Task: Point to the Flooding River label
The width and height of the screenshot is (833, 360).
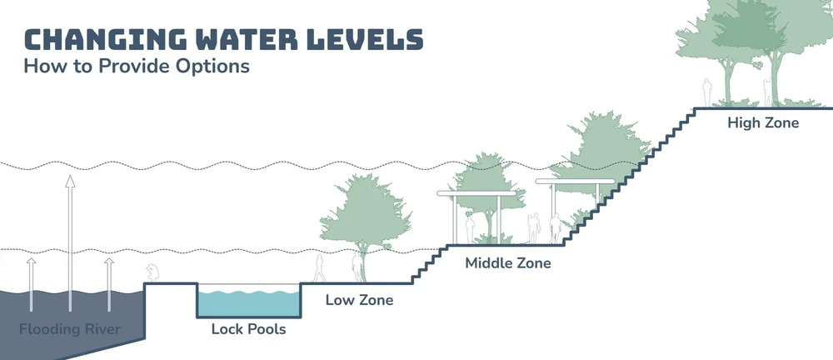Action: [70, 328]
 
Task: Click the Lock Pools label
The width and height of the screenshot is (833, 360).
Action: [248, 329]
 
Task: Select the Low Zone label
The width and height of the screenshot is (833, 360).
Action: [359, 300]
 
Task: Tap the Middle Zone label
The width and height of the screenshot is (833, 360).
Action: [508, 263]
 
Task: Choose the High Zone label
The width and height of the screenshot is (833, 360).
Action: [763, 123]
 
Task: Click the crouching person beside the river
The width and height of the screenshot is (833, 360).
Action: [152, 273]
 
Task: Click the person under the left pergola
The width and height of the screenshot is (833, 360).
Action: [471, 227]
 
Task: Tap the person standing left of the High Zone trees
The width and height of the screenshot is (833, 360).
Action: [707, 92]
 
